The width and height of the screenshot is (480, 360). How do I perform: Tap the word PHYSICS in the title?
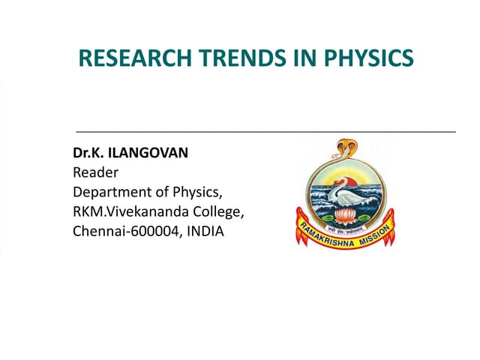368,58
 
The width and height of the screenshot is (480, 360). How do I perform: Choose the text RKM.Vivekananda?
132,211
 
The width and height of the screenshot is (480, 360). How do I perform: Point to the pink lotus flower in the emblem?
346,217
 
